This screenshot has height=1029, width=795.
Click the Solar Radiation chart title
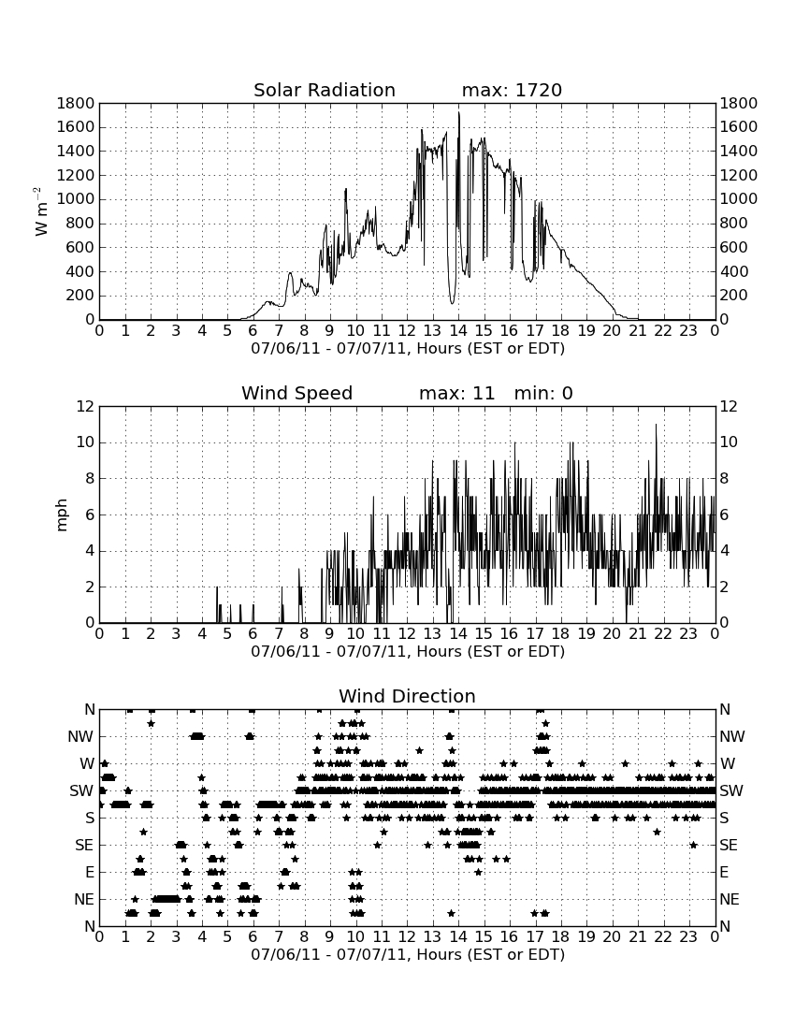pyautogui.click(x=325, y=90)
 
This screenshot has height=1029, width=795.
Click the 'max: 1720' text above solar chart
pyautogui.click(x=512, y=90)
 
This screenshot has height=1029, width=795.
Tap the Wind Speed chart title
pyautogui.click(x=297, y=393)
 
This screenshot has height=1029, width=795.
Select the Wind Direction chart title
pyautogui.click(x=408, y=696)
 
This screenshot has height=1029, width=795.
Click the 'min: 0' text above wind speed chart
pyautogui.click(x=543, y=393)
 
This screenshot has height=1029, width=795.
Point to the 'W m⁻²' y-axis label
pyautogui.click(x=40, y=211)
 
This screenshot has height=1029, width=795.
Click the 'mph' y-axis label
pyautogui.click(x=62, y=515)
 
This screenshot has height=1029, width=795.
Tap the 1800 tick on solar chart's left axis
pyautogui.click(x=76, y=104)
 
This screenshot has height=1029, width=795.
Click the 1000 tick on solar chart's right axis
pyautogui.click(x=739, y=199)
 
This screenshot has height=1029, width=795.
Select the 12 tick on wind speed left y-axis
pyautogui.click(x=86, y=407)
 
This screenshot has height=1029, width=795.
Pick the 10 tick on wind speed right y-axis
pyautogui.click(x=729, y=442)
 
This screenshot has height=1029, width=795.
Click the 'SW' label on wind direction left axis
pyautogui.click(x=81, y=790)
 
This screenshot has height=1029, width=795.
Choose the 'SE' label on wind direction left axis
pyautogui.click(x=84, y=846)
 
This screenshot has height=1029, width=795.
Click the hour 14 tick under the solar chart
pyautogui.click(x=458, y=331)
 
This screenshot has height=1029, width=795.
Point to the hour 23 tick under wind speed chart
pyautogui.click(x=688, y=634)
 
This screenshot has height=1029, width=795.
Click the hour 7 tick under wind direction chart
pyautogui.click(x=279, y=936)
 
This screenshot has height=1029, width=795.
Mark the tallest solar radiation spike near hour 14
pyautogui.click(x=459, y=113)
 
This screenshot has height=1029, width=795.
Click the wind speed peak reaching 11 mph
pyautogui.click(x=656, y=425)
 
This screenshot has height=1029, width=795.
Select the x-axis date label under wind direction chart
pyautogui.click(x=408, y=954)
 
